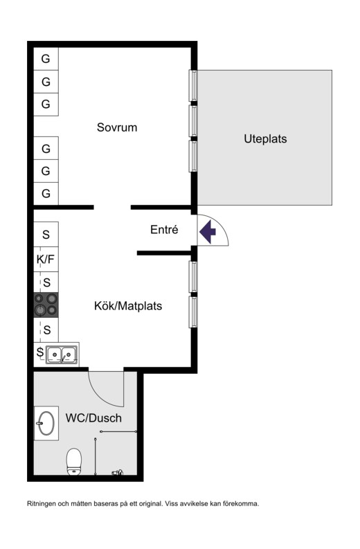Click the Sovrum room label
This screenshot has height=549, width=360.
pyautogui.click(x=117, y=127)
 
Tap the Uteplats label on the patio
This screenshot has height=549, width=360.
pyautogui.click(x=265, y=138)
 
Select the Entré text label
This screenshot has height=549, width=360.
pyautogui.click(x=164, y=229)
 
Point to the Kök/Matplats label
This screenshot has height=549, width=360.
pyautogui.click(x=128, y=306)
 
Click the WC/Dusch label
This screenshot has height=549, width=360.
pyautogui.click(x=93, y=417)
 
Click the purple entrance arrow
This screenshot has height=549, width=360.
pyautogui.click(x=208, y=231)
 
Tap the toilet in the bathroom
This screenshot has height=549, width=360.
pyautogui.click(x=74, y=462)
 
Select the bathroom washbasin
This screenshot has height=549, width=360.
pyautogui.click(x=46, y=423)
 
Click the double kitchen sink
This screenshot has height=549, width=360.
pyautogui.click(x=62, y=354)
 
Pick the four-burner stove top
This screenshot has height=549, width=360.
pyautogui.click(x=46, y=305)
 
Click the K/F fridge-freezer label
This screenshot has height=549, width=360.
pyautogui.click(x=46, y=260)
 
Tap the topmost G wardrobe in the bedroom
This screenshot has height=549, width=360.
pyautogui.click(x=46, y=58)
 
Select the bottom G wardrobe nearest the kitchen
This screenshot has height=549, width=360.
pyautogui.click(x=46, y=193)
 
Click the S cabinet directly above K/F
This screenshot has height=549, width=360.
pyautogui.click(x=46, y=234)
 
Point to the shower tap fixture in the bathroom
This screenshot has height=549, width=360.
pyautogui.click(x=118, y=473)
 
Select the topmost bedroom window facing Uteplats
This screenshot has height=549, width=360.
pyautogui.click(x=193, y=86)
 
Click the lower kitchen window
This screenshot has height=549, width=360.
pyautogui.click(x=193, y=312)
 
